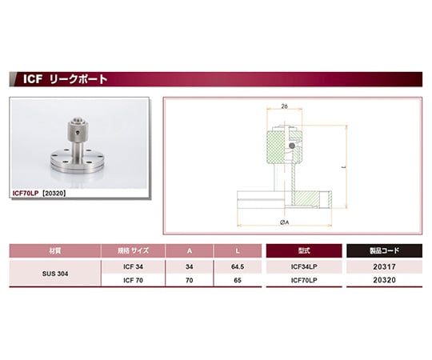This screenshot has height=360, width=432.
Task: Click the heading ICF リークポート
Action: click(65, 79)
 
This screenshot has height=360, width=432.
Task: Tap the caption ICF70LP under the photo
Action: click(26, 194)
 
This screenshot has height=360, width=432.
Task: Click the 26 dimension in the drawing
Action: click(284, 106)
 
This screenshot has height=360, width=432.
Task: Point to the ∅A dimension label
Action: click(284, 222)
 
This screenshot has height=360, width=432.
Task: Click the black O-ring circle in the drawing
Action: click(292, 146)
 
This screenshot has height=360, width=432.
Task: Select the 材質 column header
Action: click(55, 250)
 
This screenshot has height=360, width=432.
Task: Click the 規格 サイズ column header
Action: click(133, 250)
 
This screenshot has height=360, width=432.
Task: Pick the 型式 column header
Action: click(304, 250)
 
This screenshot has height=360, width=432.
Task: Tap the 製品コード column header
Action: click(384, 250)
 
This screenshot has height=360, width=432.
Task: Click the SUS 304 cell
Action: click(55, 274)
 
